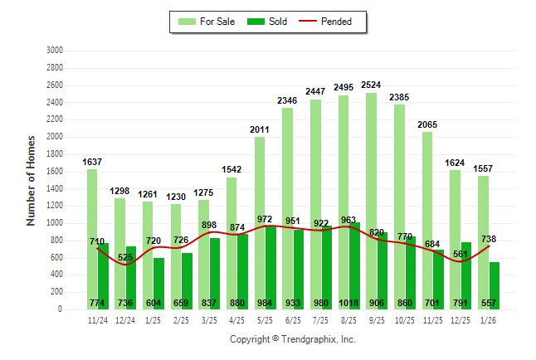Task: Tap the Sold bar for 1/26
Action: pyautogui.click(x=495, y=285)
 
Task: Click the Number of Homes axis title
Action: pyautogui.click(x=31, y=180)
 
